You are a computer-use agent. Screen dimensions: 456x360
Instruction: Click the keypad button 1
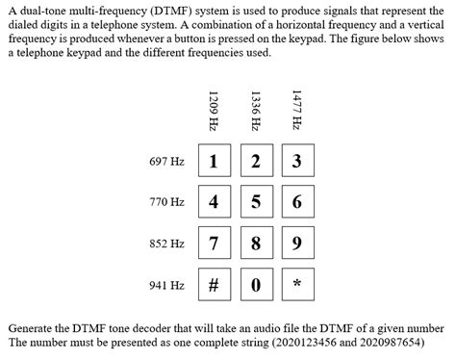pyautogui.click(x=213, y=161)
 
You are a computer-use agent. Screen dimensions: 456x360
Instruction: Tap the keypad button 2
pyautogui.click(x=255, y=161)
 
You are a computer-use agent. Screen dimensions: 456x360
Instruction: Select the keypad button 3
pyautogui.click(x=296, y=161)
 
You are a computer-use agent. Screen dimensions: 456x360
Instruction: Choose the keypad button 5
pyautogui.click(x=255, y=202)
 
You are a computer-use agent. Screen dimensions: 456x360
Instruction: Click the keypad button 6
pyautogui.click(x=296, y=202)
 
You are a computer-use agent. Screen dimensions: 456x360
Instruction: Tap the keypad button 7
pyautogui.click(x=213, y=244)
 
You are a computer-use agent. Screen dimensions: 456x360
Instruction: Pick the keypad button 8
pyautogui.click(x=255, y=244)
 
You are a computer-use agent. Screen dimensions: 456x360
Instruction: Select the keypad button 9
pyautogui.click(x=296, y=244)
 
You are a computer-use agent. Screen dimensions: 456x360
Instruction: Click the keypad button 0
pyautogui.click(x=255, y=286)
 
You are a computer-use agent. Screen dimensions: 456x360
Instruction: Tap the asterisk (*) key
pyautogui.click(x=296, y=286)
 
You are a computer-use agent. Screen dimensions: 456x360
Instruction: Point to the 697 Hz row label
pyautogui.click(x=166, y=161)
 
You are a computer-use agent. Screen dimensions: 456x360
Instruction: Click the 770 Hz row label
pyautogui.click(x=166, y=202)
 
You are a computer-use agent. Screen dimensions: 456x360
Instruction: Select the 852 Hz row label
pyautogui.click(x=166, y=244)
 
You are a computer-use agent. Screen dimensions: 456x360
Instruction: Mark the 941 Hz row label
pyautogui.click(x=166, y=286)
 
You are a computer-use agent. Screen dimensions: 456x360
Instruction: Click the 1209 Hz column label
pyautogui.click(x=213, y=110)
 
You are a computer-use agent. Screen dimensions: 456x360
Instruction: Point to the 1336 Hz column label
pyautogui.click(x=255, y=110)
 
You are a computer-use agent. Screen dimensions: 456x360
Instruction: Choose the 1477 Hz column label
pyautogui.click(x=296, y=110)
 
